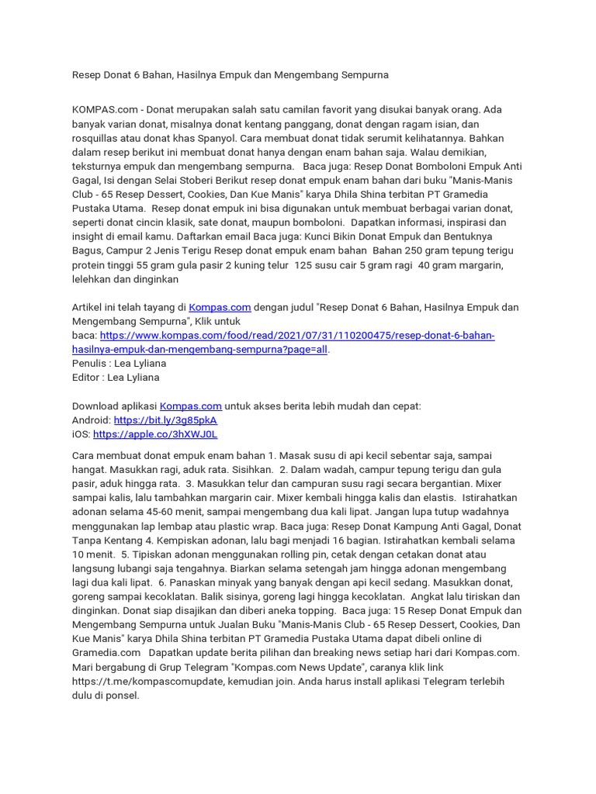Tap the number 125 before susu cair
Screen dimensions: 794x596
(307, 265)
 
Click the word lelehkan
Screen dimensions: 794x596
(93, 279)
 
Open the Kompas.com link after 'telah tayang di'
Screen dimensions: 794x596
(220, 307)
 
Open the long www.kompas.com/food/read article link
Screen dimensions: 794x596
(297, 336)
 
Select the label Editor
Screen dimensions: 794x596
(87, 378)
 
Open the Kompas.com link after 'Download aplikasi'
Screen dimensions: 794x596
(191, 406)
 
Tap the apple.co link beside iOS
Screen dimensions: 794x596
(155, 434)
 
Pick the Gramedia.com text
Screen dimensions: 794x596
(106, 653)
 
